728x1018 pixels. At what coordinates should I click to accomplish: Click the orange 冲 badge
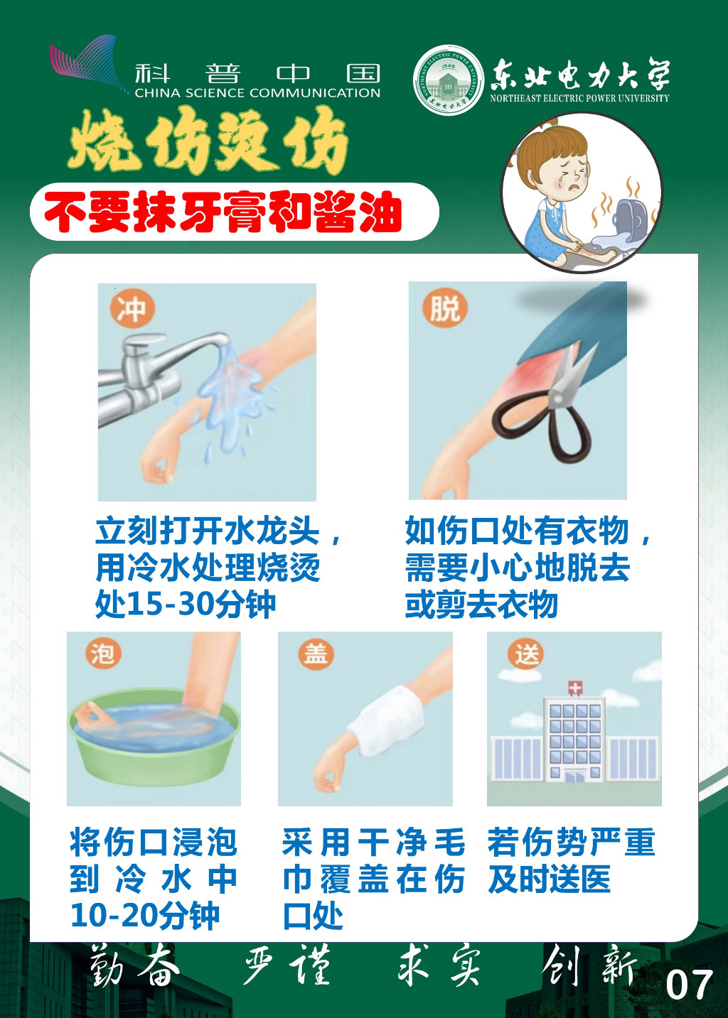[132, 309]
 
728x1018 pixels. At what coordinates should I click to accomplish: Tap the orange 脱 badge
[444, 309]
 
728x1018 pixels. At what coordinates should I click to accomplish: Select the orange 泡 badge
[103, 654]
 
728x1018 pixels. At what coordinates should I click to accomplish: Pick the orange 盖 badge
[316, 654]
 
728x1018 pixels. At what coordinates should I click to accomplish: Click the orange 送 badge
[526, 654]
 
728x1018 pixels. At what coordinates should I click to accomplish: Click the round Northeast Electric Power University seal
[449, 81]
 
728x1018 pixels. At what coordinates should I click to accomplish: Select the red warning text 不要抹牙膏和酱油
[223, 212]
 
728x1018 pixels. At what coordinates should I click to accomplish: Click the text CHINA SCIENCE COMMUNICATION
[257, 93]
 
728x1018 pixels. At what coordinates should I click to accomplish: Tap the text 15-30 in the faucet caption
[170, 605]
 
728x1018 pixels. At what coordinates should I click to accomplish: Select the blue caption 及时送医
[550, 879]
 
